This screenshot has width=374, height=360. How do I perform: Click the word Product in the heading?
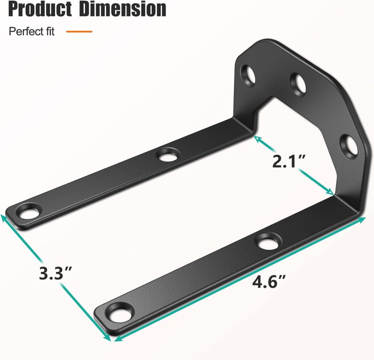40,9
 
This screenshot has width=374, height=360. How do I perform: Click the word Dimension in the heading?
122,9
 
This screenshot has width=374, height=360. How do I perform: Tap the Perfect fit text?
31,31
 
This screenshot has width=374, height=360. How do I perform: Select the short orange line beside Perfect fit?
79,32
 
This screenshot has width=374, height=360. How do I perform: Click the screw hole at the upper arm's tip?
28,213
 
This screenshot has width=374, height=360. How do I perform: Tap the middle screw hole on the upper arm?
167,156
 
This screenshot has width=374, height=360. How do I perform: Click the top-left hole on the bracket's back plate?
251,74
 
